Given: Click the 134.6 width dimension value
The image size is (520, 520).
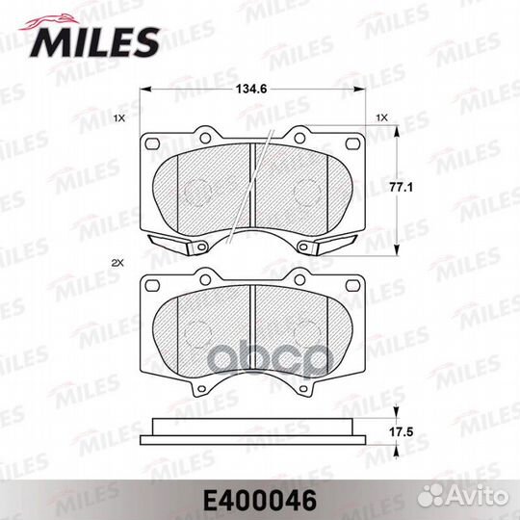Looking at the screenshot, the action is (x=251, y=89).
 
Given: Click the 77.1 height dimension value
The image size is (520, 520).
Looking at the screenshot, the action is (x=401, y=188).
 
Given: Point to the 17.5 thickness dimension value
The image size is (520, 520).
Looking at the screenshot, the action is (x=402, y=432).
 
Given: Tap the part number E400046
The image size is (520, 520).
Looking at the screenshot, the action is (x=260, y=501).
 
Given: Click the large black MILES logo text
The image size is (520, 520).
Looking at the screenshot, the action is (x=94, y=42).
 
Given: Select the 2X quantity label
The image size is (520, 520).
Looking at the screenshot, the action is (x=117, y=263).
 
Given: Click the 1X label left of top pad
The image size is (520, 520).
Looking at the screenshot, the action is (x=119, y=117).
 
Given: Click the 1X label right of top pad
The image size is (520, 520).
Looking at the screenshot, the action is (x=382, y=117).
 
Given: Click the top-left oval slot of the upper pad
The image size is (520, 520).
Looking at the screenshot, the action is (x=152, y=143).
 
